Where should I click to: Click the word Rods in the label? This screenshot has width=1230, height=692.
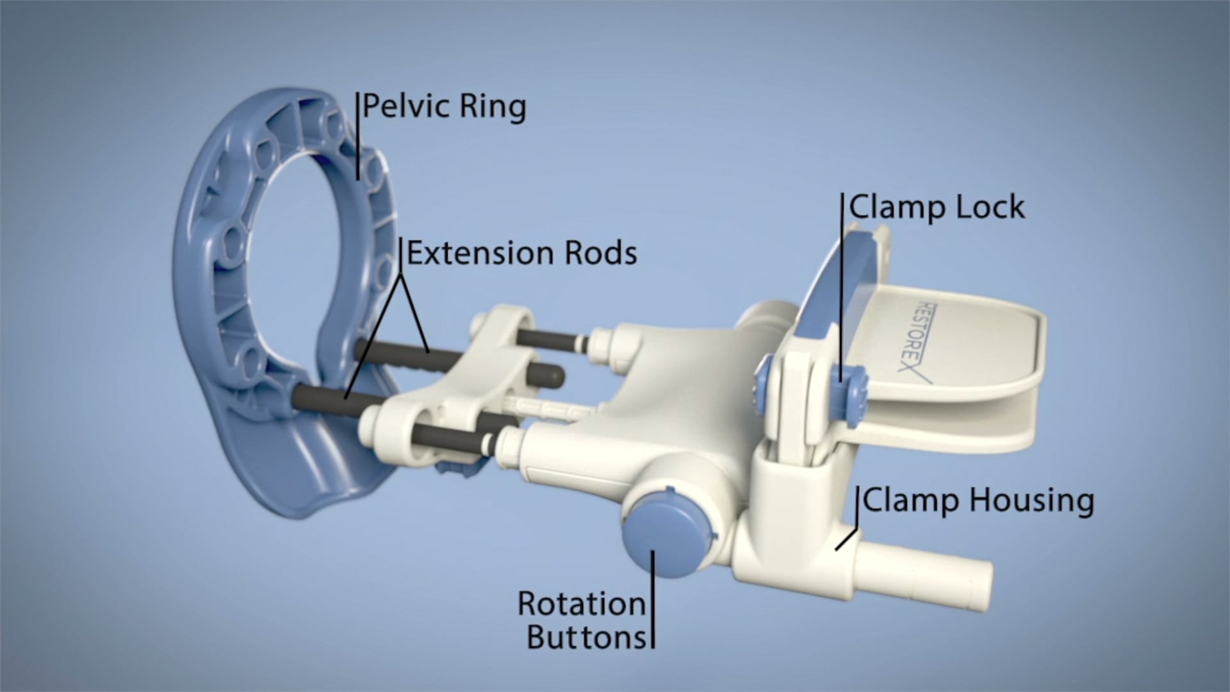point(600,253)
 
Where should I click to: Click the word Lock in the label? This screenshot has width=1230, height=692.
point(990,208)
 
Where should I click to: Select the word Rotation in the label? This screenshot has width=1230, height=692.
point(581,604)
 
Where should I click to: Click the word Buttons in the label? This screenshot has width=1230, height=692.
point(586,637)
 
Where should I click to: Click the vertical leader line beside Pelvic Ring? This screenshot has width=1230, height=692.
point(357,135)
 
